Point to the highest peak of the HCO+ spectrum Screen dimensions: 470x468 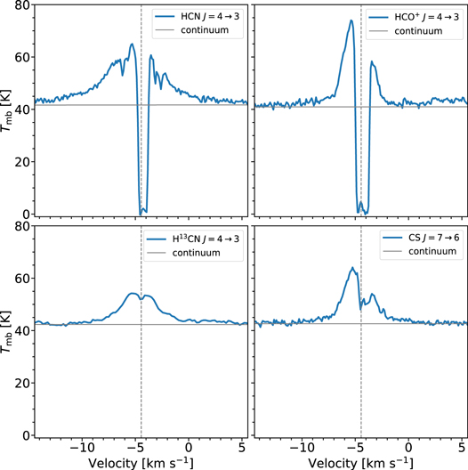pyautogui.click(x=352, y=20)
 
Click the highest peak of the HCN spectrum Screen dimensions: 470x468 pyautogui.click(x=132, y=44)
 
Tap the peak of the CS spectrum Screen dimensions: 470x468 pyautogui.click(x=352, y=268)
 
